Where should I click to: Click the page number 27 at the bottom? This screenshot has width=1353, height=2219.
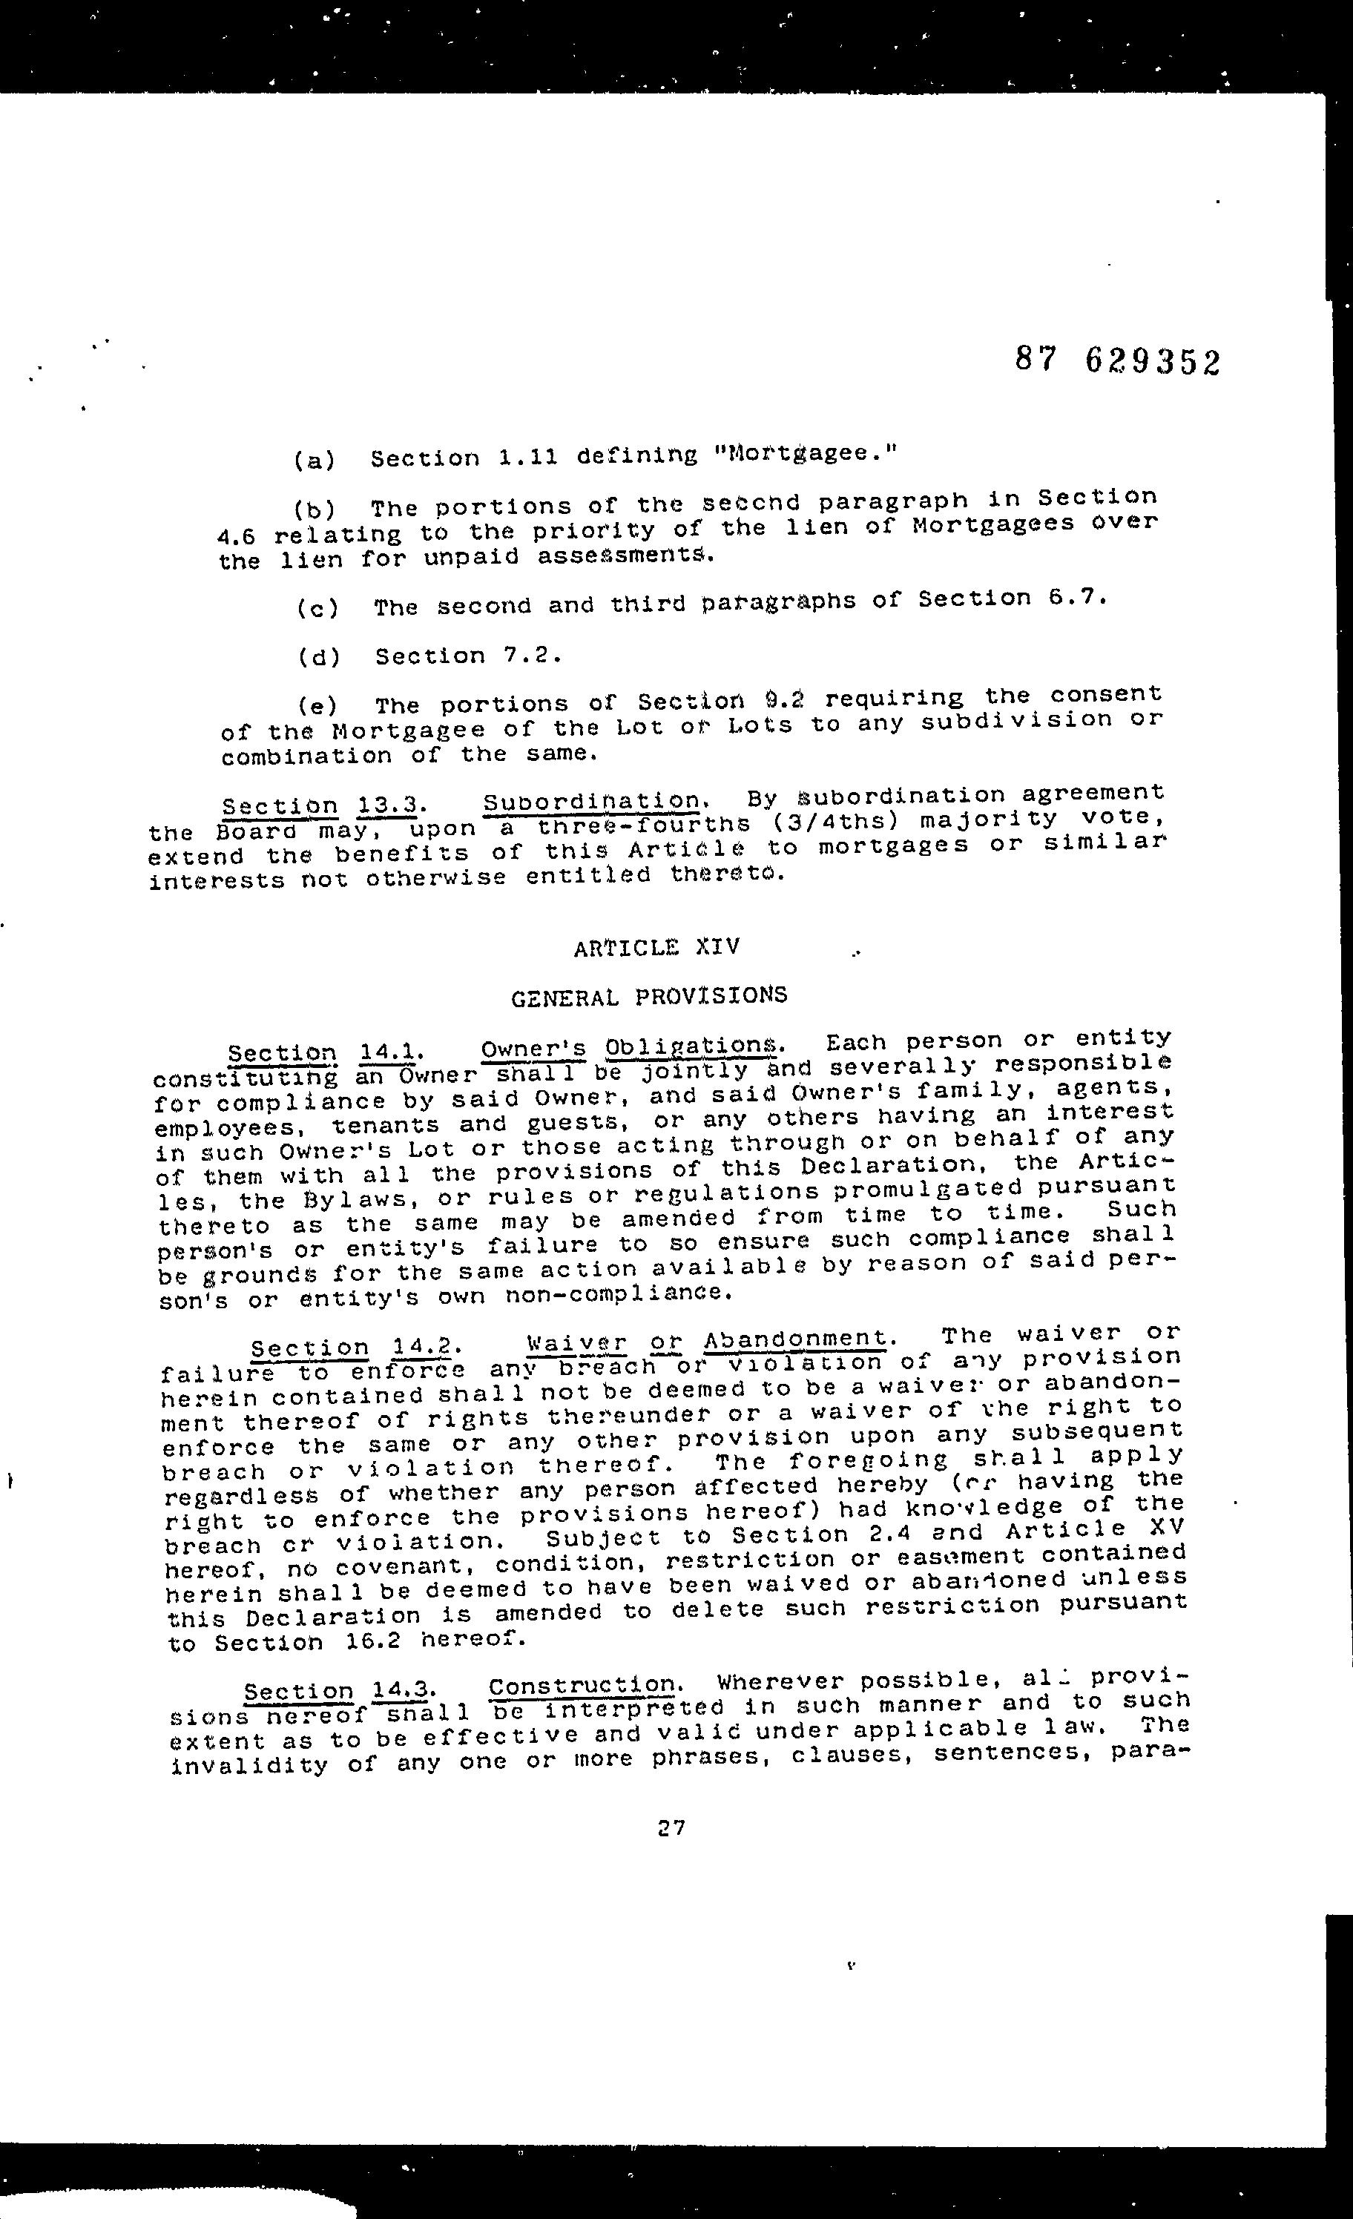671,1827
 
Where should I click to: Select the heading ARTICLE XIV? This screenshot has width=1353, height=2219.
656,946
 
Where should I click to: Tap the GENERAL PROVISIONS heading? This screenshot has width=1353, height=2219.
648,996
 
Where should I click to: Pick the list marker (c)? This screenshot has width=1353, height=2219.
317,609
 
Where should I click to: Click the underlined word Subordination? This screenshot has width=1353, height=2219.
593,799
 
